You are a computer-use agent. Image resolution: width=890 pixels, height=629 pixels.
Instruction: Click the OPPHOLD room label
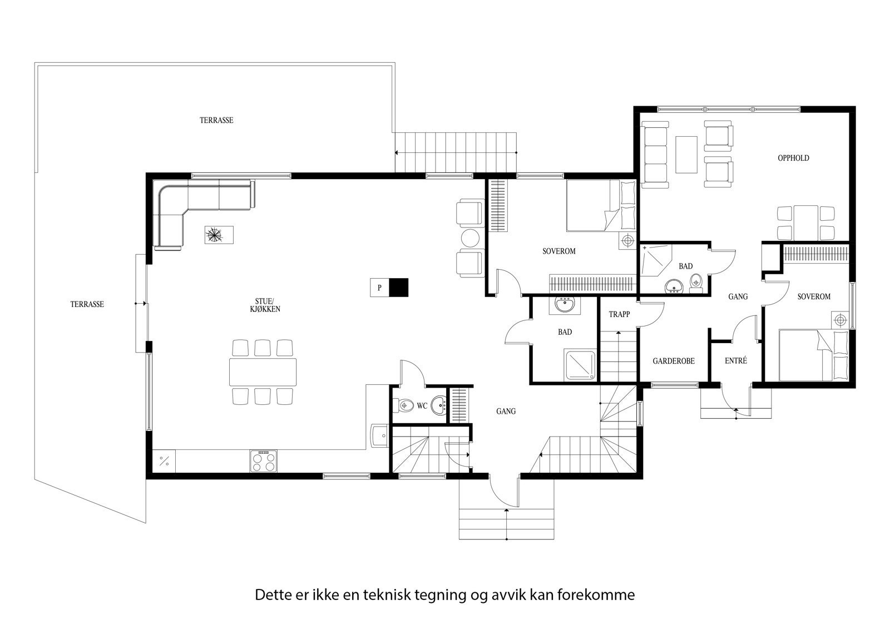793,158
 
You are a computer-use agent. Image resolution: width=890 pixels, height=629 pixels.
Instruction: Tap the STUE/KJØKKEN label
265,305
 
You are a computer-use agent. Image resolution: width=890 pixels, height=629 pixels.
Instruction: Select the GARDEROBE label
674,361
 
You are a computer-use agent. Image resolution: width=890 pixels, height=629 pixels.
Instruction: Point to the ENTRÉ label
736,360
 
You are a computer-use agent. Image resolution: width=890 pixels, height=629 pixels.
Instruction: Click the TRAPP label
620,314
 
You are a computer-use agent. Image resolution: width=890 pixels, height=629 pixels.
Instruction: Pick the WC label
422,405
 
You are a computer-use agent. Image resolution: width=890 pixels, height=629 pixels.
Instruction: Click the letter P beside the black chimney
379,288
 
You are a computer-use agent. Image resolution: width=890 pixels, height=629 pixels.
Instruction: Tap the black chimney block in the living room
398,288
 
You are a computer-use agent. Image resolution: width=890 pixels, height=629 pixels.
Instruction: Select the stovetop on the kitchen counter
264,461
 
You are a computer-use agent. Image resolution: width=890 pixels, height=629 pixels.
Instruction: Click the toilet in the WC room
402,405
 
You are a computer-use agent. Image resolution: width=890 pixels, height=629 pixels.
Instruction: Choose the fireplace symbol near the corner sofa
219,235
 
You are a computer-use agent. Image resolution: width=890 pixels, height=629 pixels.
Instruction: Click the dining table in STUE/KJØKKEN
263,372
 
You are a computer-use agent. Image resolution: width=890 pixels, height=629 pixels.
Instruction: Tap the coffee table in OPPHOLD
686,155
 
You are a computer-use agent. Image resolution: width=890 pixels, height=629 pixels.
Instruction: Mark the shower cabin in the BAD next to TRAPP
580,365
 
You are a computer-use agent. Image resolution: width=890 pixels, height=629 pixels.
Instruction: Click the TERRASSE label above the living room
216,120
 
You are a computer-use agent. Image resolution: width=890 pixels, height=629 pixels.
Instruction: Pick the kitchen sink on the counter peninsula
379,435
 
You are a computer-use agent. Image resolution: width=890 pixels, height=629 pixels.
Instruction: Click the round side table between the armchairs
471,238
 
